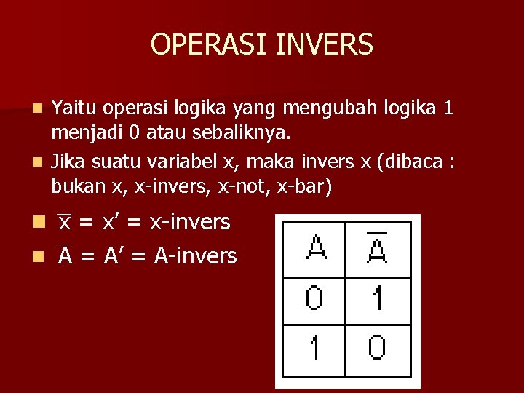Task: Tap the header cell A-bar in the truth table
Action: pyautogui.click(x=377, y=247)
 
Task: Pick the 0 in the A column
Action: pyautogui.click(x=314, y=298)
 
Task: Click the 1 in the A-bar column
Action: pyautogui.click(x=377, y=298)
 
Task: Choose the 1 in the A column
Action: pyautogui.click(x=314, y=347)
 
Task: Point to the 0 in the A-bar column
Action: pyautogui.click(x=377, y=347)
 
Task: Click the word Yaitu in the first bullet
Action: pyautogui.click(x=76, y=108)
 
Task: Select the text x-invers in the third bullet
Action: pyautogui.click(x=190, y=222)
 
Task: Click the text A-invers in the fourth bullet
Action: pyautogui.click(x=196, y=255)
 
